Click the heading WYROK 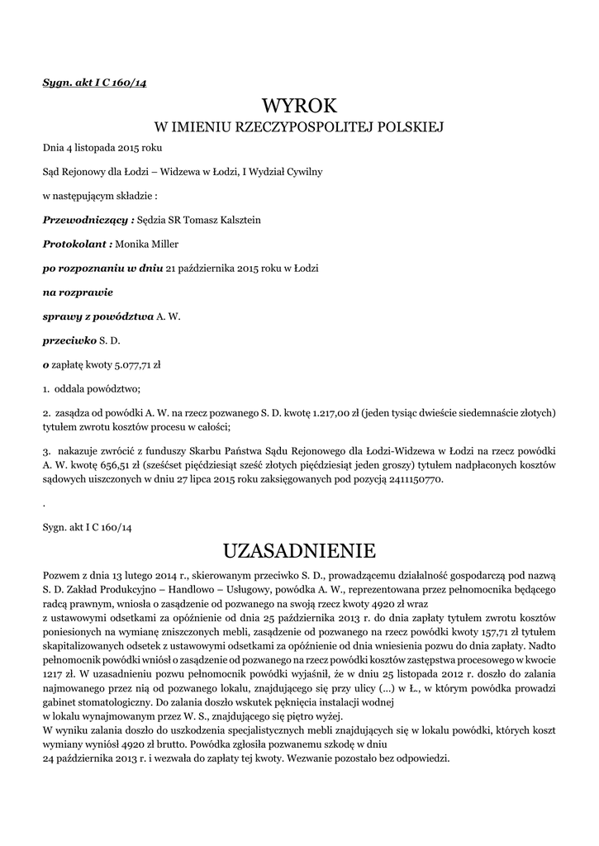click(x=299, y=106)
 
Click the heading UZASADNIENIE click(x=299, y=549)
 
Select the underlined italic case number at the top click(x=94, y=82)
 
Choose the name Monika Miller click(x=147, y=244)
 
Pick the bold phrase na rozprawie click(x=78, y=292)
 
